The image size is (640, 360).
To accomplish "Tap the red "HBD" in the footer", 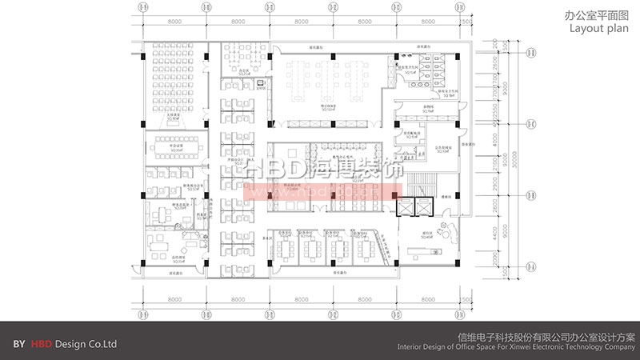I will pos(41,344).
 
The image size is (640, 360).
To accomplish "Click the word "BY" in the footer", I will pos(19,344).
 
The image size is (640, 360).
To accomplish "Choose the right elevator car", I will pos(423,206).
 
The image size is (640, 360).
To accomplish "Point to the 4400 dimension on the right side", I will pos(495,233).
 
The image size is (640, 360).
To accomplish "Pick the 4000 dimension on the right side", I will pos(495,142).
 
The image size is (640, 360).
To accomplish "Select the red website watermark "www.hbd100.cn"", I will pos(320,193).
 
